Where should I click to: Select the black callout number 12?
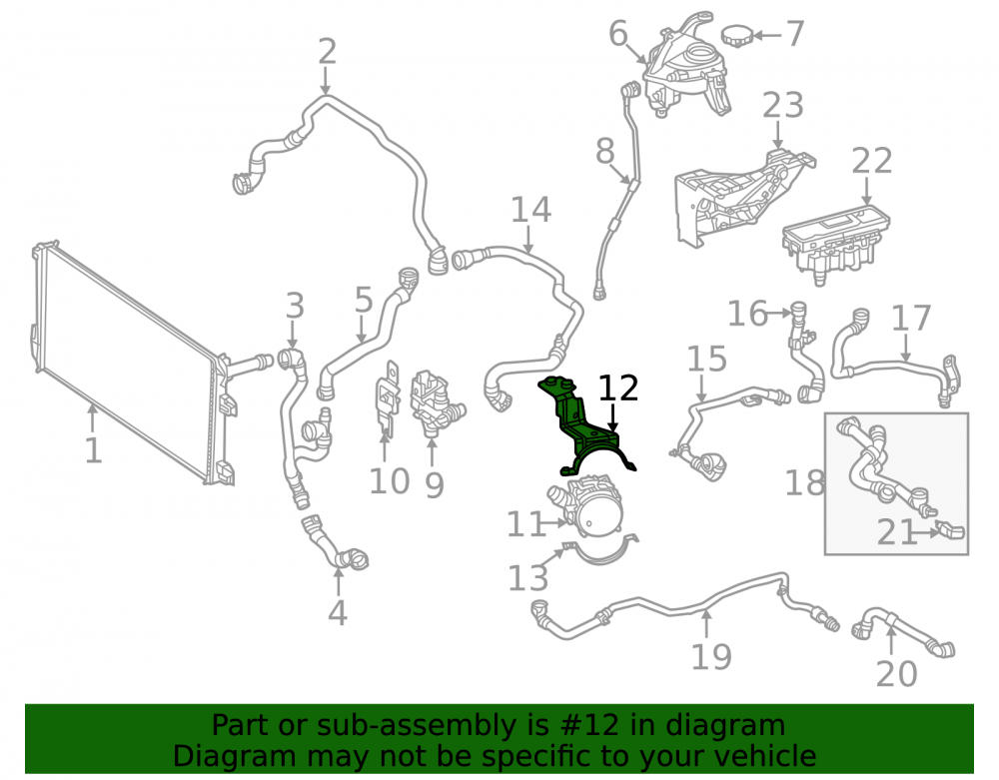pyautogui.click(x=618, y=389)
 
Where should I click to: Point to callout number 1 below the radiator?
pyautogui.click(x=93, y=450)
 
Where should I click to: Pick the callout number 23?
pyautogui.click(x=783, y=105)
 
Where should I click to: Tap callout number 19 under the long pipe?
pyautogui.click(x=711, y=656)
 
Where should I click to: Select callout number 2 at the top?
pyautogui.click(x=327, y=51)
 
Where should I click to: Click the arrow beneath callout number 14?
pyautogui.click(x=528, y=239)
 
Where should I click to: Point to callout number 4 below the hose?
pyautogui.click(x=338, y=612)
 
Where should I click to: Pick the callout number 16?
pyautogui.click(x=748, y=314)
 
